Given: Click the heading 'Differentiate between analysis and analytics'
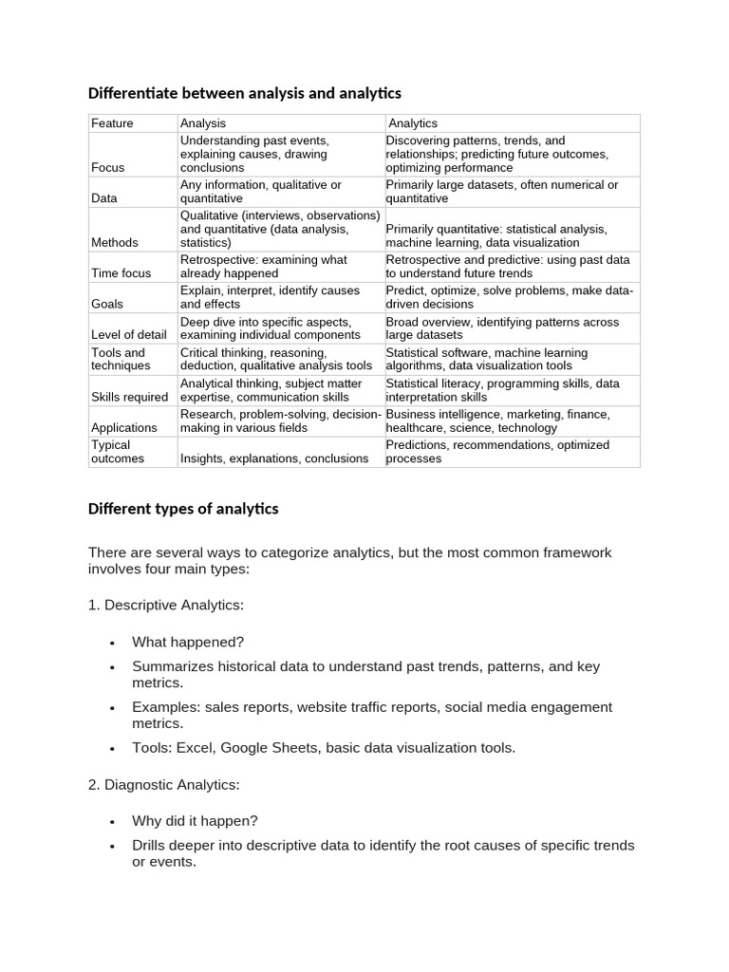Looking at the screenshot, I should (245, 93).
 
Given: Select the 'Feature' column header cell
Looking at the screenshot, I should (112, 123).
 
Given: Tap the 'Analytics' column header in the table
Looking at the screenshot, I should (413, 123).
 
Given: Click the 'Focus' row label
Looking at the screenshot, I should (107, 168).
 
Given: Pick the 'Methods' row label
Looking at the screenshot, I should (114, 243).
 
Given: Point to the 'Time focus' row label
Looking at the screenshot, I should (121, 273).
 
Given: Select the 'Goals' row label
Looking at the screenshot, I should (108, 305).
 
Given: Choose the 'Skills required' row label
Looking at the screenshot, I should (129, 398).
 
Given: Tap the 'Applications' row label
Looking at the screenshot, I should (123, 428).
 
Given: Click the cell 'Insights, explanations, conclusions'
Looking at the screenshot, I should (274, 458).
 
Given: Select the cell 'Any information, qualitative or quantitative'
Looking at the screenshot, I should (261, 192).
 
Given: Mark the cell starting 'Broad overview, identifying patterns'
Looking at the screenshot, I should (502, 328).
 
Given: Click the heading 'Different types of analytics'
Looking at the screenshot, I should (183, 509).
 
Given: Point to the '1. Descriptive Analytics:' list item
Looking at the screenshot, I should (166, 605).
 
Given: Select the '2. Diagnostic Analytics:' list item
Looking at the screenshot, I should (164, 785).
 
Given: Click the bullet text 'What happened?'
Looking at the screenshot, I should (188, 643).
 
